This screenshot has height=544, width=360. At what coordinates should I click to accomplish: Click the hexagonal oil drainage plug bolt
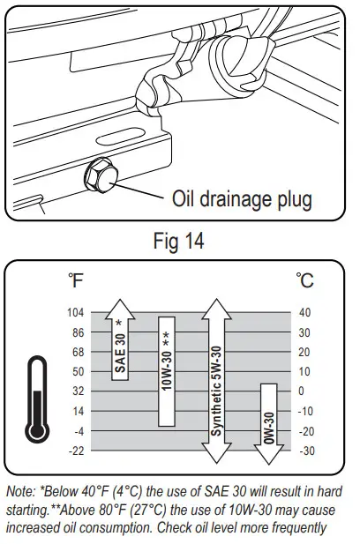[x=101, y=175]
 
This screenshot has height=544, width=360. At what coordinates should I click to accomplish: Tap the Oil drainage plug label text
[x=242, y=199]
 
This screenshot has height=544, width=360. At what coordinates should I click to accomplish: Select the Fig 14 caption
[x=179, y=240]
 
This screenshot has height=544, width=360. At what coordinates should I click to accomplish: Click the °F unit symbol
[x=76, y=280]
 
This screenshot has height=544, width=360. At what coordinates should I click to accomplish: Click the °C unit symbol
[x=304, y=280]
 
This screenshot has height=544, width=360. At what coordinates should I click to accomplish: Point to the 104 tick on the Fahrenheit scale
[x=76, y=313]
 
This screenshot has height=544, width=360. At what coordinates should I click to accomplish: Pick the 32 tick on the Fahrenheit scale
[x=79, y=391]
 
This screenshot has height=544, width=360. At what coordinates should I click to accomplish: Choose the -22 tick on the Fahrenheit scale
[x=77, y=451]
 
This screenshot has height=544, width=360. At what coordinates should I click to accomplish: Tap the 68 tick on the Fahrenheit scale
[x=79, y=353]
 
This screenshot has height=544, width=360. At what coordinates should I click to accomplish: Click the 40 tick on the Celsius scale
[x=304, y=313]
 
